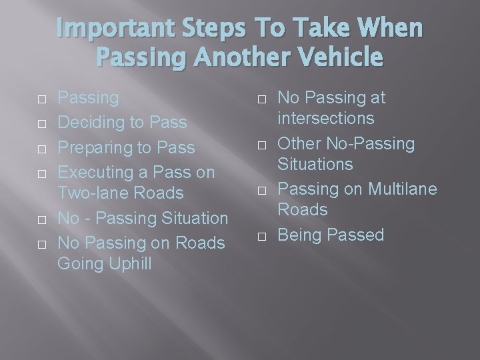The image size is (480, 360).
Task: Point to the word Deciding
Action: coord(92,123)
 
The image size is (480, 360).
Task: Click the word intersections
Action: coord(326,119)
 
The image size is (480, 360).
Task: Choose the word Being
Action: coord(298,235)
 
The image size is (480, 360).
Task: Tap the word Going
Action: coord(79,263)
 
